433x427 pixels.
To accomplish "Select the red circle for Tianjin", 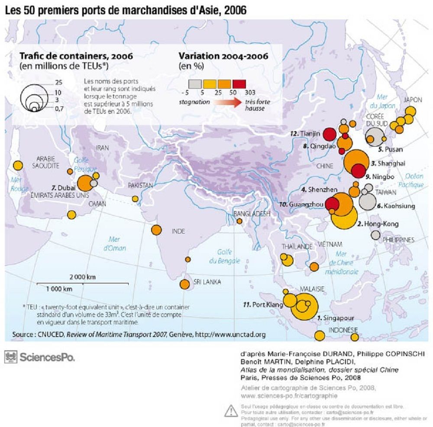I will click(x=330, y=134).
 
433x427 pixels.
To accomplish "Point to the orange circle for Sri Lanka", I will click(x=184, y=284).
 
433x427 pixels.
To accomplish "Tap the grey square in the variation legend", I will click(x=194, y=83).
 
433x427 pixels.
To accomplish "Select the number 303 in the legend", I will click(x=250, y=92).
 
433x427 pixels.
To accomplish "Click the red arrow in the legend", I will click(x=226, y=103).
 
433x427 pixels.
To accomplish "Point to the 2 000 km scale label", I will click(x=83, y=276).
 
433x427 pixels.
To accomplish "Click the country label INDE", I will click(x=178, y=231).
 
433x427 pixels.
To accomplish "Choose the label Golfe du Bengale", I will click(x=224, y=257).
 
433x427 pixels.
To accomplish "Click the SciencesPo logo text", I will click(x=47, y=357).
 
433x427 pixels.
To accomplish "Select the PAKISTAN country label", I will click(x=140, y=185).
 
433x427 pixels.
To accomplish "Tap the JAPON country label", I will click(x=412, y=100).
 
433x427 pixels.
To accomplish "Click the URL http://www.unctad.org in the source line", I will click(x=230, y=334).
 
